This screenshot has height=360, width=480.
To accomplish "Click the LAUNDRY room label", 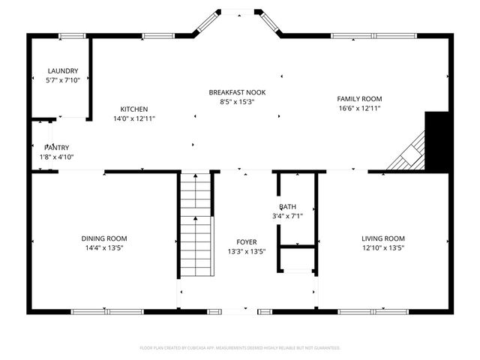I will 63,71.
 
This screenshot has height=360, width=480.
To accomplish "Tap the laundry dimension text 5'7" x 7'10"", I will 63,80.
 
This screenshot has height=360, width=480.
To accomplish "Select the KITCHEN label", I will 134,109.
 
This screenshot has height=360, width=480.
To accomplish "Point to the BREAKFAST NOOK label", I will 237,92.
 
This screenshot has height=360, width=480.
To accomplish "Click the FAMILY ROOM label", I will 359,99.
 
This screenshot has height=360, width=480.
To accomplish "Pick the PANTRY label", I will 56,148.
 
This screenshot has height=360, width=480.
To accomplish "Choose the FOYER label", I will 247,242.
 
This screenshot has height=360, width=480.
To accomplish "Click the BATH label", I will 288,207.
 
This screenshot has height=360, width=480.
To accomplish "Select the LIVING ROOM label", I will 382,238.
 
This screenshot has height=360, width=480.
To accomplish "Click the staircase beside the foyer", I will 197,225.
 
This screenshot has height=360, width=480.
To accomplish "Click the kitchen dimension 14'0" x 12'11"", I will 134,118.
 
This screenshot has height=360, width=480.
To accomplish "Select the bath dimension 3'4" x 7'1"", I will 289,216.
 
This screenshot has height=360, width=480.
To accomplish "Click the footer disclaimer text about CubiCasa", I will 240,348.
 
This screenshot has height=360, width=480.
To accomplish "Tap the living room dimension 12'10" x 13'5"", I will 382,248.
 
